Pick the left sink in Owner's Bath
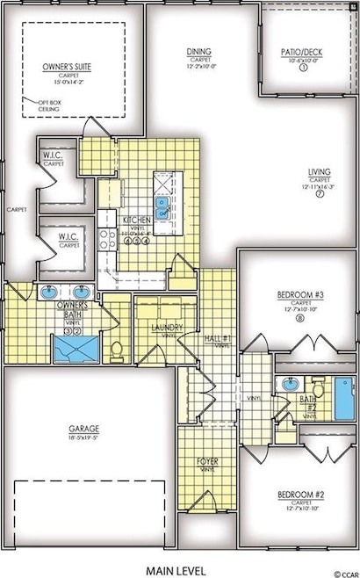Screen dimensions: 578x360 45,293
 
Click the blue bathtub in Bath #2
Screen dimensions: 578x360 342,389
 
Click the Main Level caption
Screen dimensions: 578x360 179,566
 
